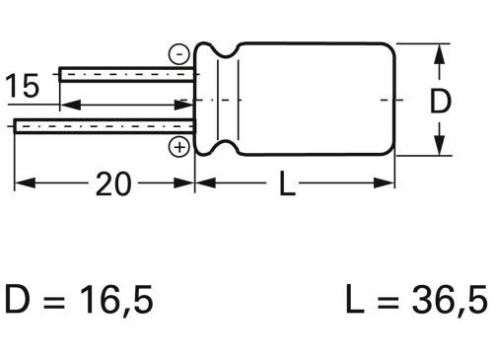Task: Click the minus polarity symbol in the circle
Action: pyautogui.click(x=179, y=54)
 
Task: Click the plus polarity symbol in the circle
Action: pyautogui.click(x=179, y=148)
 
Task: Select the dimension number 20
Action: pyautogui.click(x=115, y=183)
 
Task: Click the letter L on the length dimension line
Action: pyautogui.click(x=285, y=183)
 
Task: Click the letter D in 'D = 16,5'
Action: pyautogui.click(x=20, y=299)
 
